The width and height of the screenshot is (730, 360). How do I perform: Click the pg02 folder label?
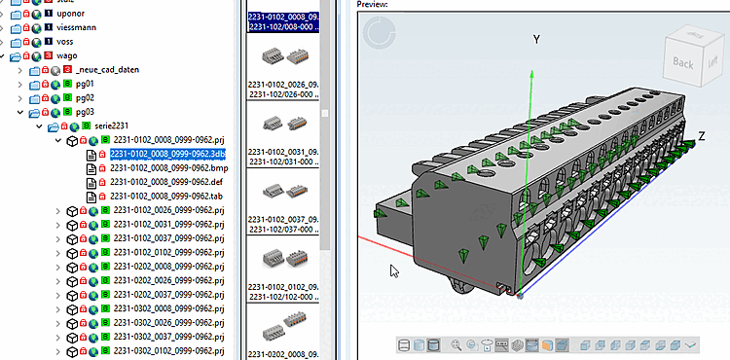pyautogui.click(x=86, y=97)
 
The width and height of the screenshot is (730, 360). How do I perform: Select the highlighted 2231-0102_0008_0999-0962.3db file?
pyautogui.click(x=168, y=154)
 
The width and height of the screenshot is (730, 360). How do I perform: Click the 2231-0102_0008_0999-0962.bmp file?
pyautogui.click(x=166, y=167)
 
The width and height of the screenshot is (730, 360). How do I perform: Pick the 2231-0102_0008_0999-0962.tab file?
pyautogui.click(x=165, y=196)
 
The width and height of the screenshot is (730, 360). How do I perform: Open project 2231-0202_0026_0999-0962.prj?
pyautogui.click(x=168, y=280)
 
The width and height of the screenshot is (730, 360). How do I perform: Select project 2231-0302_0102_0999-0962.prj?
pyautogui.click(x=168, y=350)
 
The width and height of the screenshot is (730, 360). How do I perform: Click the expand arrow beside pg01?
pyautogui.click(x=21, y=85)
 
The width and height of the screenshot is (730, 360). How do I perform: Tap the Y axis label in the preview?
pyautogui.click(x=533, y=39)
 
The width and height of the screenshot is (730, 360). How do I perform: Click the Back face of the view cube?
pyautogui.click(x=682, y=62)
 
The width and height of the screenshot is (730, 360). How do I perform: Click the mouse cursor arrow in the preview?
pyautogui.click(x=394, y=271)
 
